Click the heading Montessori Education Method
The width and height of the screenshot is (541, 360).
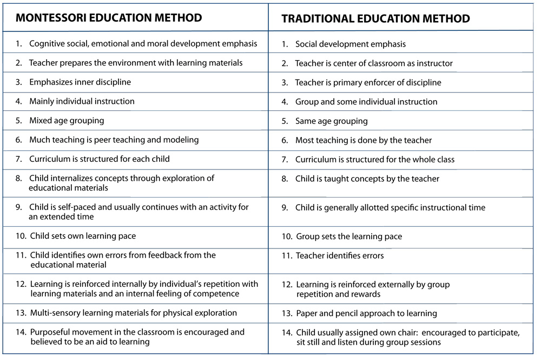[x=109, y=17]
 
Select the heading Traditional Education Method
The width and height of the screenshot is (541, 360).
[x=375, y=18]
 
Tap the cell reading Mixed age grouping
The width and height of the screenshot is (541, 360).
[x=67, y=120]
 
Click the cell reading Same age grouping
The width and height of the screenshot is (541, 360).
[x=331, y=121]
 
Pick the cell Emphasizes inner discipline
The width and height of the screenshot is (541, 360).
[x=80, y=82]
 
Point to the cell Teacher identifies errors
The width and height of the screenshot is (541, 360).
[x=340, y=256]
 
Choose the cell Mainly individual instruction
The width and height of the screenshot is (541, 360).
[x=82, y=101]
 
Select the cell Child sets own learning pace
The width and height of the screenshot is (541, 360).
[x=83, y=236]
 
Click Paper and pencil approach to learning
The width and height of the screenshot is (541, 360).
[x=366, y=313]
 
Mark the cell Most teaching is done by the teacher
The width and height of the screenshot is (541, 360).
[x=364, y=140]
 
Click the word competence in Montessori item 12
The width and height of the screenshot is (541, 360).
[x=216, y=293]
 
